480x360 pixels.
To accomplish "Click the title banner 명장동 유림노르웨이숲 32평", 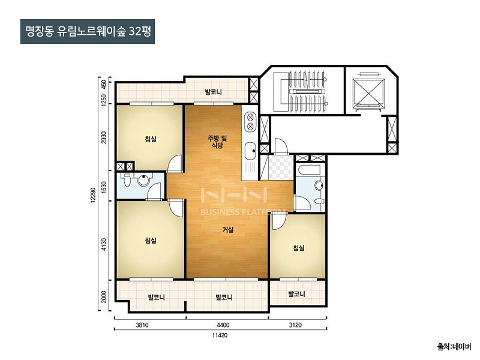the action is pos(88,32).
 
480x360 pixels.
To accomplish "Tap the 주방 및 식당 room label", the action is pos(217,142).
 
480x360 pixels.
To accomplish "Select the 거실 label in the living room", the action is pos(228,230).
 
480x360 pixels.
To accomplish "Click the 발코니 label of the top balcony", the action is pos(214,92).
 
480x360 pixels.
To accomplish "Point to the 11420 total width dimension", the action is pos(220,335).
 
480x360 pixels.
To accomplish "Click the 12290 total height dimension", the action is pos(94,194).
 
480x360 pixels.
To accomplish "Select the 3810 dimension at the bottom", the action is pos(142,325).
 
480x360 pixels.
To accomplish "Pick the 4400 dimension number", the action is pos(223,325).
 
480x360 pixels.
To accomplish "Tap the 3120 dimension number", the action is pos(295,325).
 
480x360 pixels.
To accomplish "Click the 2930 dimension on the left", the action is pos(104,138).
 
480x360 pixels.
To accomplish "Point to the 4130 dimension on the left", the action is pos(104,245).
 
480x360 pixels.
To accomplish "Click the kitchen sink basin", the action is pos(251,151).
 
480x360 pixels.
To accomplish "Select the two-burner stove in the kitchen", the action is pos(250,122).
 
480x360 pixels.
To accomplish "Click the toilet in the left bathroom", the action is pos(126,179).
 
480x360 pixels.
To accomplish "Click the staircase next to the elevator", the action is pos(302,91).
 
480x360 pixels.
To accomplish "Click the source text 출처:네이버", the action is pos(454,347).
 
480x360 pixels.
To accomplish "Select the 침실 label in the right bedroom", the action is pos(299,248).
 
